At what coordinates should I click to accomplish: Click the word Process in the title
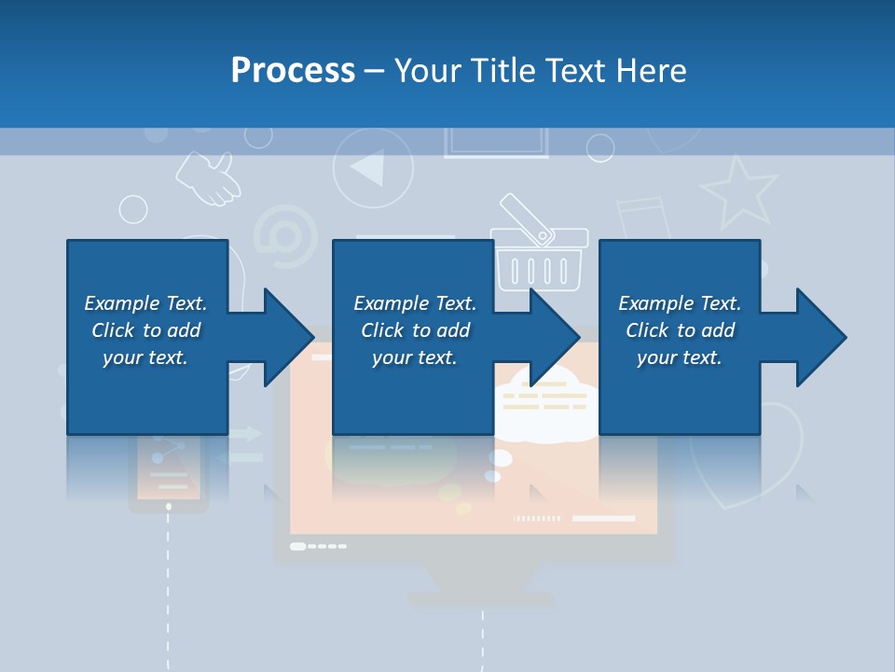pos(293,71)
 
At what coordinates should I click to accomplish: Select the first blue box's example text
pos(145,330)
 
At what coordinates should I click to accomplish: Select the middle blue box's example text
pos(414,330)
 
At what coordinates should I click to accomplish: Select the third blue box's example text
pos(680,330)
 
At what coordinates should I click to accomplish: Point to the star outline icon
pos(739,190)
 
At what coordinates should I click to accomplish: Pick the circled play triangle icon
pos(372,168)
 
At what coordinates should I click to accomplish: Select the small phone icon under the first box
pos(168,472)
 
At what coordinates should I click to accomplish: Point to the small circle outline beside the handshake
pos(133,209)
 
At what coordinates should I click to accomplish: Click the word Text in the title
pos(571,71)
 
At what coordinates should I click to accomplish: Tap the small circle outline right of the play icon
pos(600,148)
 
